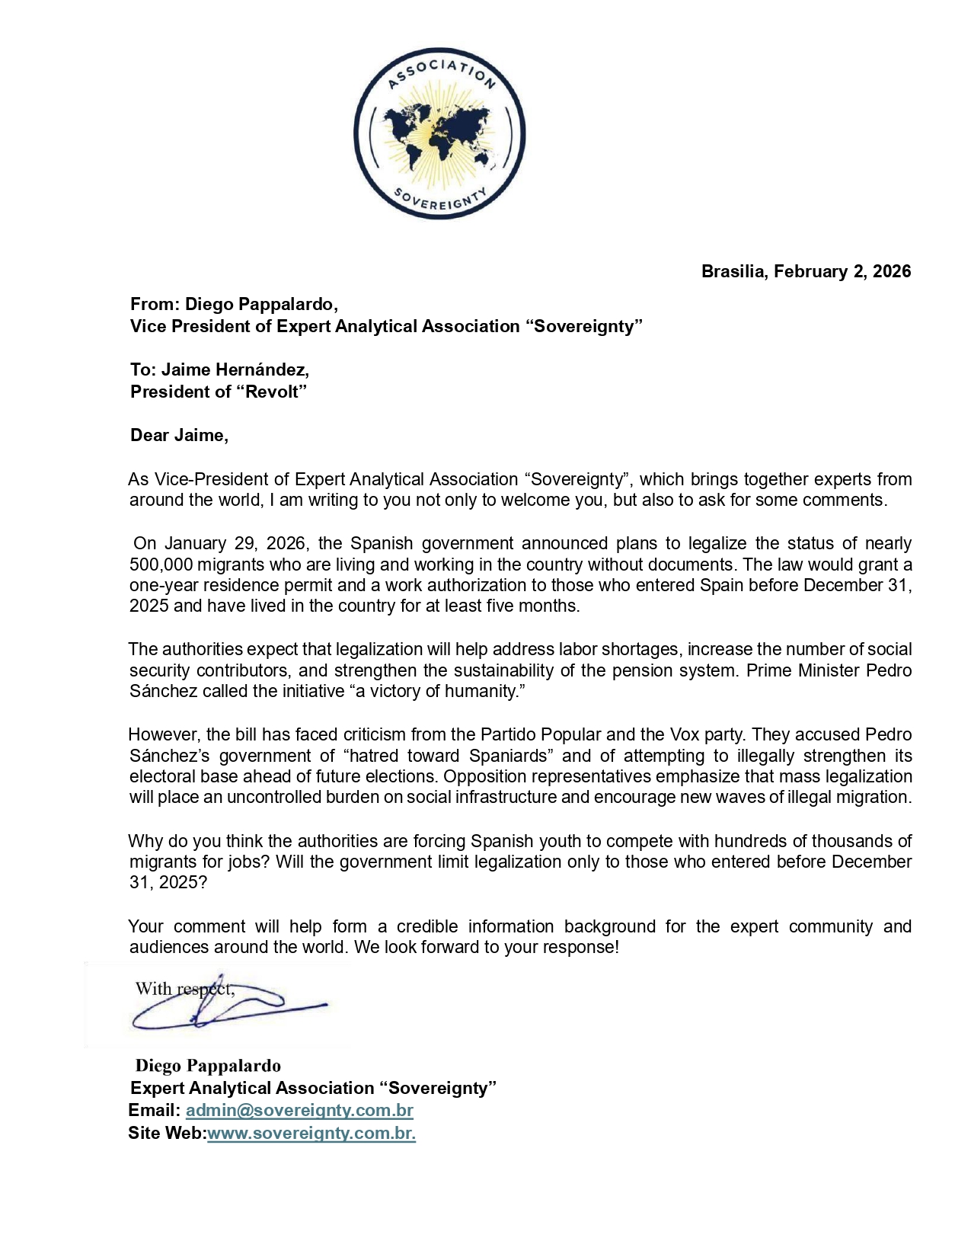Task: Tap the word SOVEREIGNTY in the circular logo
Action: click(x=439, y=200)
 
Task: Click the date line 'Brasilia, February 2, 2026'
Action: click(x=806, y=271)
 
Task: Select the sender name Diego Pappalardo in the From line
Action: click(x=261, y=304)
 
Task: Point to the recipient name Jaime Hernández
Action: click(x=235, y=369)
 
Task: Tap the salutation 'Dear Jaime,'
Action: click(x=179, y=435)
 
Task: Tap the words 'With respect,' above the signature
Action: click(x=184, y=989)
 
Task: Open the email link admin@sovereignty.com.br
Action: click(x=299, y=1110)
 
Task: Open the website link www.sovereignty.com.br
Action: click(x=311, y=1133)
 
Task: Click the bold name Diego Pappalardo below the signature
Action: click(x=208, y=1066)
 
